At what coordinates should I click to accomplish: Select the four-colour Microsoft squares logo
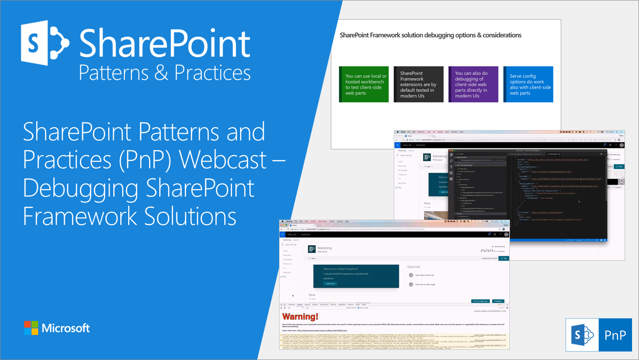[x=31, y=328]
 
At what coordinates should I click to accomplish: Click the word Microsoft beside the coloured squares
[x=65, y=328]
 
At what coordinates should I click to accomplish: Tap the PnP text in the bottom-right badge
[x=615, y=334]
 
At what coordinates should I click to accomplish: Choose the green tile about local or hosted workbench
[x=364, y=84]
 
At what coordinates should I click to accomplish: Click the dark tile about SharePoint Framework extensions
[x=418, y=84]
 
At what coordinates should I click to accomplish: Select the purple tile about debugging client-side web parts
[x=473, y=84]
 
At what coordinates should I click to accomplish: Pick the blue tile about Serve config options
[x=528, y=84]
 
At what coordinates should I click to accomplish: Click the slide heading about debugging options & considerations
[x=430, y=35]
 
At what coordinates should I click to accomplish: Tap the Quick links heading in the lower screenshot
[x=414, y=267]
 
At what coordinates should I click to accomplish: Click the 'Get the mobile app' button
[x=480, y=301]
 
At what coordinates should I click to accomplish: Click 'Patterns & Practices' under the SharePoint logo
[x=165, y=73]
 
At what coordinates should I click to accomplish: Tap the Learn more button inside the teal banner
[x=329, y=283]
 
